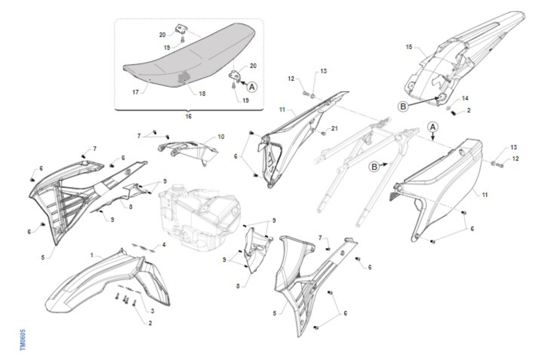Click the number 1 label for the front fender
(92, 255)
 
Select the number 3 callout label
(152, 311)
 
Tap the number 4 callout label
(164, 245)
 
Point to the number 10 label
(221, 137)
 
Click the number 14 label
(465, 98)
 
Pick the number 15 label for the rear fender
(409, 47)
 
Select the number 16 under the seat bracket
(188, 116)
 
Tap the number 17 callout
(136, 92)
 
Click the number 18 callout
(202, 93)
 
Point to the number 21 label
(334, 129)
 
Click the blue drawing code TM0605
(22, 340)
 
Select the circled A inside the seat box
(252, 87)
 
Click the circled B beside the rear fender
(403, 106)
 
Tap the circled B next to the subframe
(374, 167)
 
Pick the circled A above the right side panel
(433, 127)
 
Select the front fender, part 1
(108, 282)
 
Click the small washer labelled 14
(448, 108)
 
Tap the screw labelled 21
(323, 133)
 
